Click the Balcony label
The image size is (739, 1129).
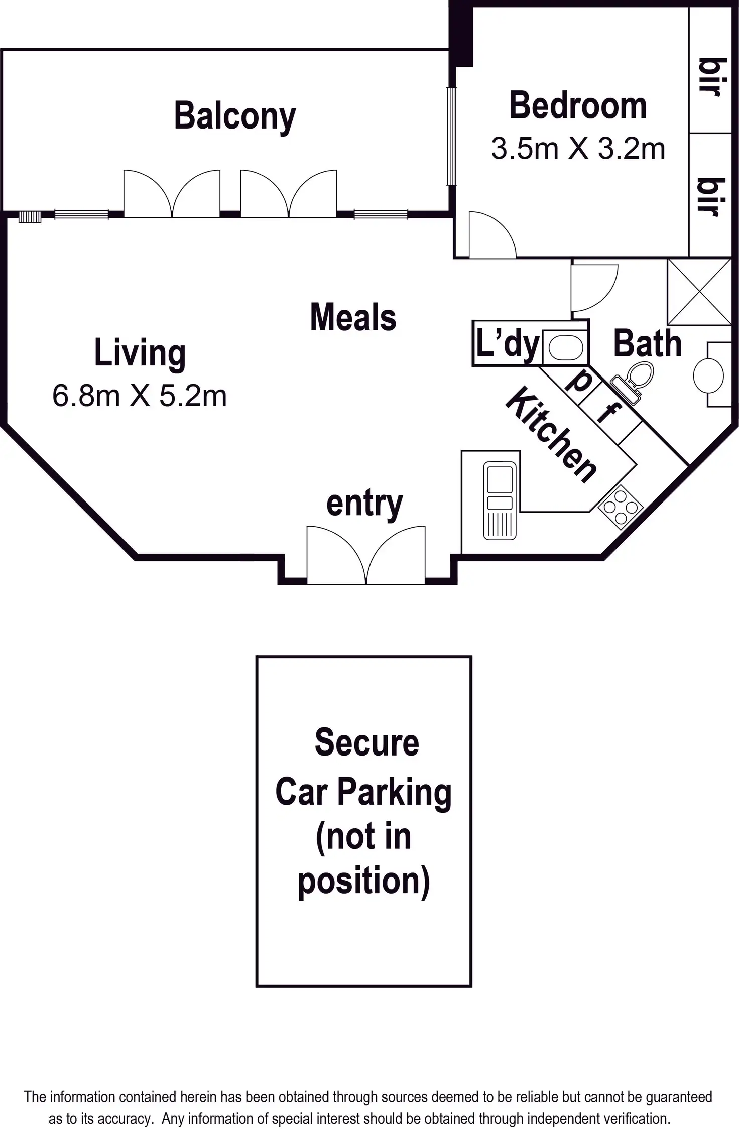tap(234, 116)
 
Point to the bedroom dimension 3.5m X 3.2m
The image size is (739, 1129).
tap(578, 149)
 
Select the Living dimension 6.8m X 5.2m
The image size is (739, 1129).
tap(140, 396)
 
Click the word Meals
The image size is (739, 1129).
tap(353, 318)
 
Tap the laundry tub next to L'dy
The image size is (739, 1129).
tap(565, 347)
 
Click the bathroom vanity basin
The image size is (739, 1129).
tap(708, 374)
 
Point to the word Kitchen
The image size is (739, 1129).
tap(551, 435)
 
